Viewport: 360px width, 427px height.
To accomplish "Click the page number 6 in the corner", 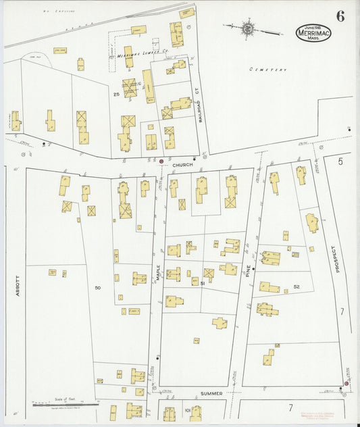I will [340, 17].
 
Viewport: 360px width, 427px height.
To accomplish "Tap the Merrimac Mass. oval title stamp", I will [313, 32].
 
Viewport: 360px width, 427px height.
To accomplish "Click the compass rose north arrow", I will [249, 29].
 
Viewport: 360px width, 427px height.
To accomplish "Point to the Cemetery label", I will [267, 70].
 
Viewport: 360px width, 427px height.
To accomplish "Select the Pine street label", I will [248, 271].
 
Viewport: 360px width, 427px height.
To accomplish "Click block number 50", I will [98, 288].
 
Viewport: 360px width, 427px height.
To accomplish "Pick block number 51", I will [203, 284].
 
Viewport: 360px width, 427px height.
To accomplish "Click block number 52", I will [297, 287].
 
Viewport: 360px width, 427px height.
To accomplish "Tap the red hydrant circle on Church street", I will [161, 161].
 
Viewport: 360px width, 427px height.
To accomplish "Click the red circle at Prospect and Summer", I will [346, 384].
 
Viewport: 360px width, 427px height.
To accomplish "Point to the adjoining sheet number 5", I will [340, 161].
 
